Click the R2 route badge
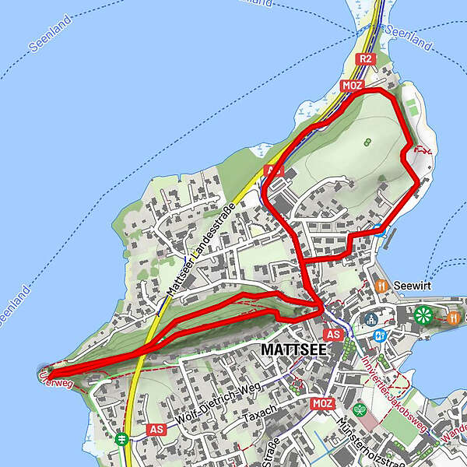[x=365, y=58]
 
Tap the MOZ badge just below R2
[x=350, y=85]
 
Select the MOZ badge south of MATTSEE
[x=321, y=403]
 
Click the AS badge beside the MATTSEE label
[x=334, y=335]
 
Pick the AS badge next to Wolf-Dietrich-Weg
[x=156, y=429]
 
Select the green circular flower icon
[x=423, y=314]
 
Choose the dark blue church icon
[x=371, y=318]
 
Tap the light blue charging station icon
[x=381, y=335]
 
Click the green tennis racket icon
[x=360, y=409]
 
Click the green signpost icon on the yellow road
[x=122, y=438]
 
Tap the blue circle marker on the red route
[x=377, y=229]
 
